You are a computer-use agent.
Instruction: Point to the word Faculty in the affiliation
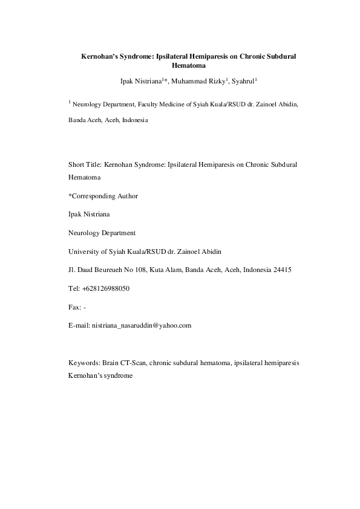point(154,105)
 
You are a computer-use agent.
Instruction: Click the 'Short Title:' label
point(85,164)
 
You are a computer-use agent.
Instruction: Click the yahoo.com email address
point(142,326)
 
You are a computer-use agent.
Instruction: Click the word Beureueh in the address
point(113,270)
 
